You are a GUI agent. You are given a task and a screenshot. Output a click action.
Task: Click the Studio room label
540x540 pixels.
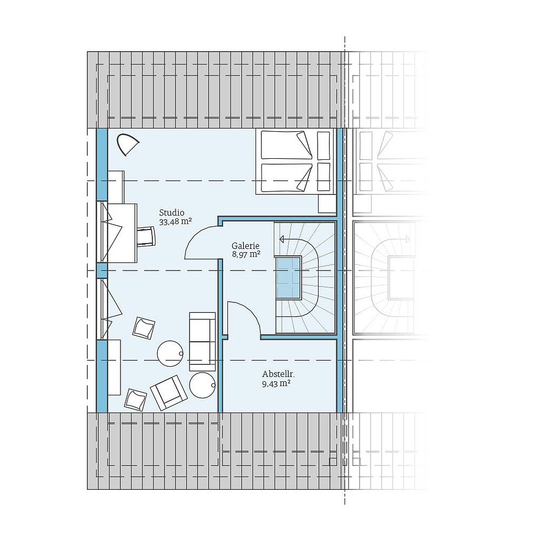pyautogui.click(x=172, y=212)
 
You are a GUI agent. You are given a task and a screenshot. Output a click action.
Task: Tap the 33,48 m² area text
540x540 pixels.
pyautogui.click(x=176, y=221)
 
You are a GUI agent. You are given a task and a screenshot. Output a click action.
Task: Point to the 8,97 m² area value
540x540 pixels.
pyautogui.click(x=246, y=254)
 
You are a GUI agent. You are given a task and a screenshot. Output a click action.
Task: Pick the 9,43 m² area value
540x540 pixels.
pyautogui.click(x=276, y=383)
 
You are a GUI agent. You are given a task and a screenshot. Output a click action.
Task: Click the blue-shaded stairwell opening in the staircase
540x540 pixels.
pyautogui.click(x=288, y=277)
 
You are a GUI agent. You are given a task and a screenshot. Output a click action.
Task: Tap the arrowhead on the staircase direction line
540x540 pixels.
pyautogui.click(x=282, y=239)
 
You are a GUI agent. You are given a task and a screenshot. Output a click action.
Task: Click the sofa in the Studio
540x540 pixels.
pyautogui.click(x=201, y=341)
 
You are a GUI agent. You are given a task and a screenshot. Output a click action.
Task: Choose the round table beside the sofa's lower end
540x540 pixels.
pyautogui.click(x=202, y=385)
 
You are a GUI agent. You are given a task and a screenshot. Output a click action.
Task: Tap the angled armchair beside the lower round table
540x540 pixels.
pyautogui.click(x=168, y=391)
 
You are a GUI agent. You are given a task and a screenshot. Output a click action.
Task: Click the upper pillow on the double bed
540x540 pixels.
pyautogui.click(x=323, y=146)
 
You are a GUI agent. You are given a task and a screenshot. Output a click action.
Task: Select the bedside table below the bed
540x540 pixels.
pyautogui.click(x=327, y=204)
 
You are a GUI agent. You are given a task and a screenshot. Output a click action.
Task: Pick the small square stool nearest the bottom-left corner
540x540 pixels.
pyautogui.click(x=135, y=399)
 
